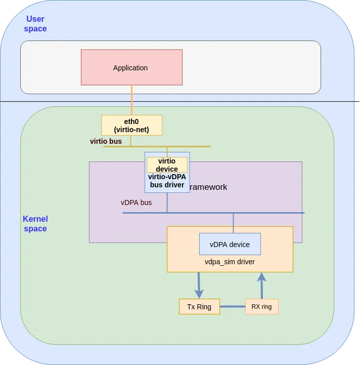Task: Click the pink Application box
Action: [x=131, y=67]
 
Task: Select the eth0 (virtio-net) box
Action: [x=131, y=125]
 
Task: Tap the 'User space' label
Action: [x=35, y=24]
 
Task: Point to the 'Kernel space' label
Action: [x=35, y=224]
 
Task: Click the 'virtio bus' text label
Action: [x=106, y=141]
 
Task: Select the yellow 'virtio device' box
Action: [x=167, y=165]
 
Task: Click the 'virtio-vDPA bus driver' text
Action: [x=167, y=181]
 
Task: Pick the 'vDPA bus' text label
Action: [x=136, y=202]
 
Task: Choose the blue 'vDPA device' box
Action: [x=230, y=244]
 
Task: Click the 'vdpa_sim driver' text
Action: [x=230, y=262]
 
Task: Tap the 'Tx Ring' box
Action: [x=199, y=307]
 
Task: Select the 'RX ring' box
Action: [x=261, y=307]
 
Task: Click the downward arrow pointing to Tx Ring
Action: [x=199, y=286]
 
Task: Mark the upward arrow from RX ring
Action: [x=261, y=286]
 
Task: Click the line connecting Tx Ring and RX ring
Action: [x=232, y=307]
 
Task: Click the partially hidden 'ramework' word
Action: [x=208, y=187]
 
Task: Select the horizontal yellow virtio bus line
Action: [x=192, y=147]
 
